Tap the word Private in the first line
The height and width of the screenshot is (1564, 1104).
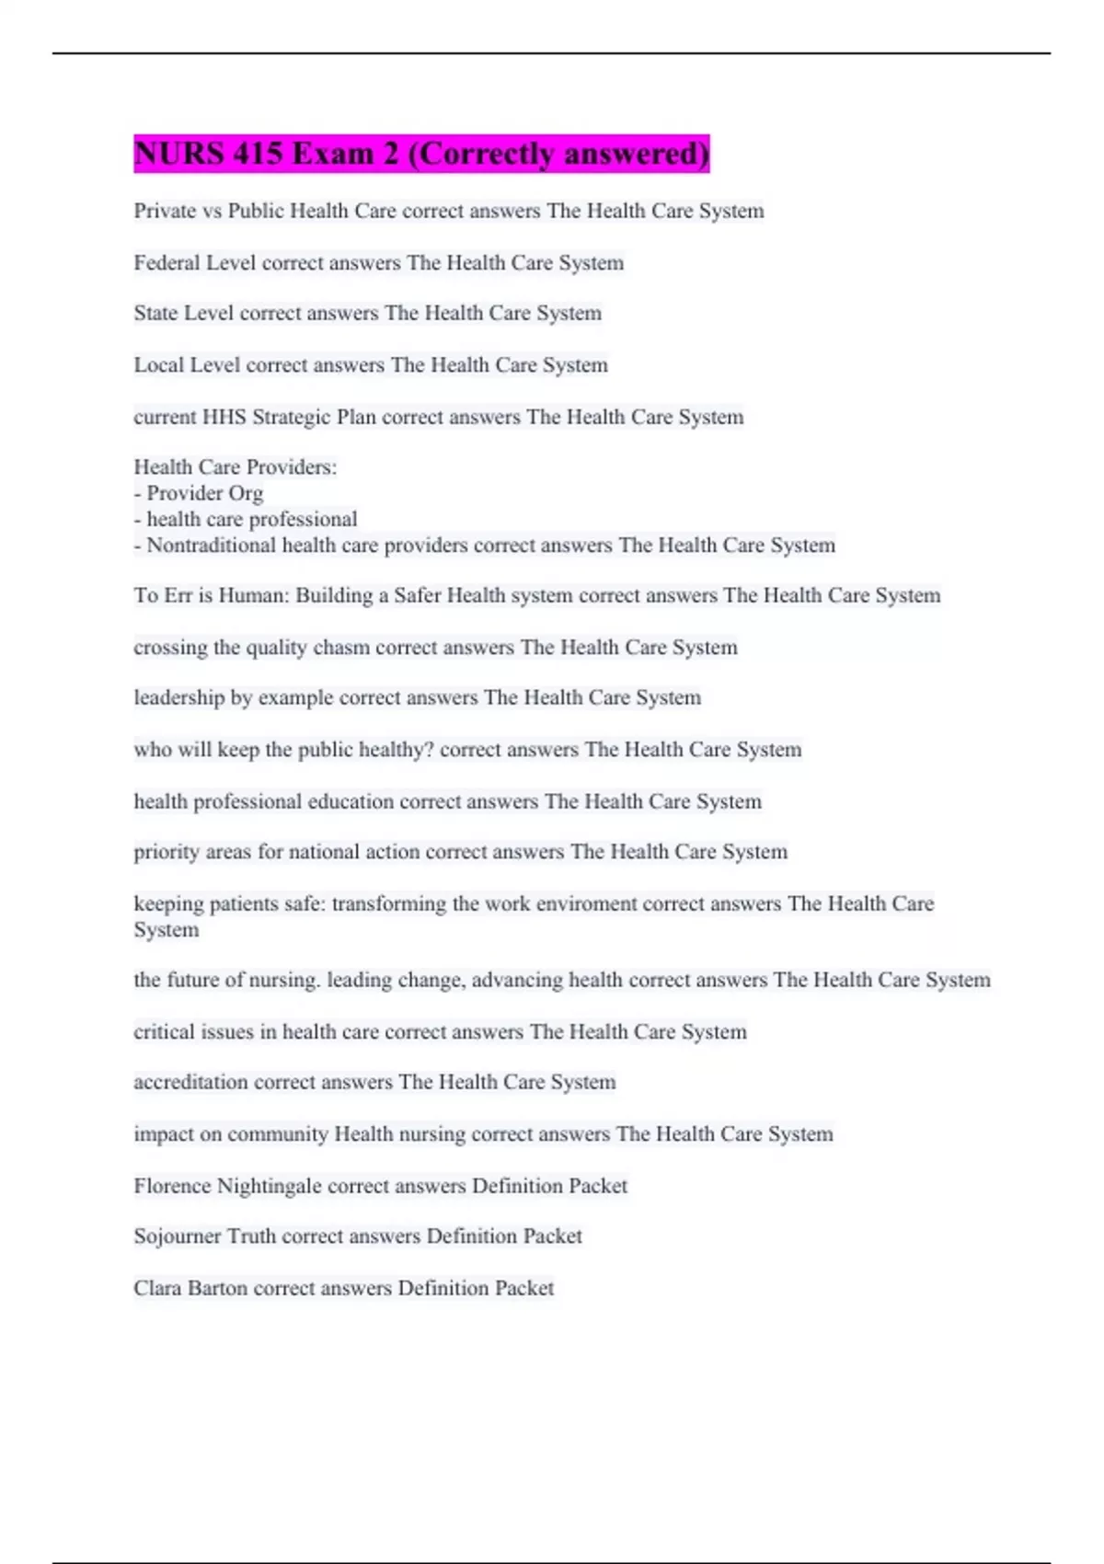(165, 211)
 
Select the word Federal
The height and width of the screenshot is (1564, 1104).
(167, 263)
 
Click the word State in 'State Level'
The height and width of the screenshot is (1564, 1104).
(155, 313)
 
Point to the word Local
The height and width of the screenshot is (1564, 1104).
(158, 365)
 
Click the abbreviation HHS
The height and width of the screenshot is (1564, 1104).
(224, 417)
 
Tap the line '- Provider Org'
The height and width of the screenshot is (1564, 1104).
(199, 493)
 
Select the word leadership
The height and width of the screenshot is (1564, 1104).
(178, 697)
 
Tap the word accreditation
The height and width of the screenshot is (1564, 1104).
(190, 1082)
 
